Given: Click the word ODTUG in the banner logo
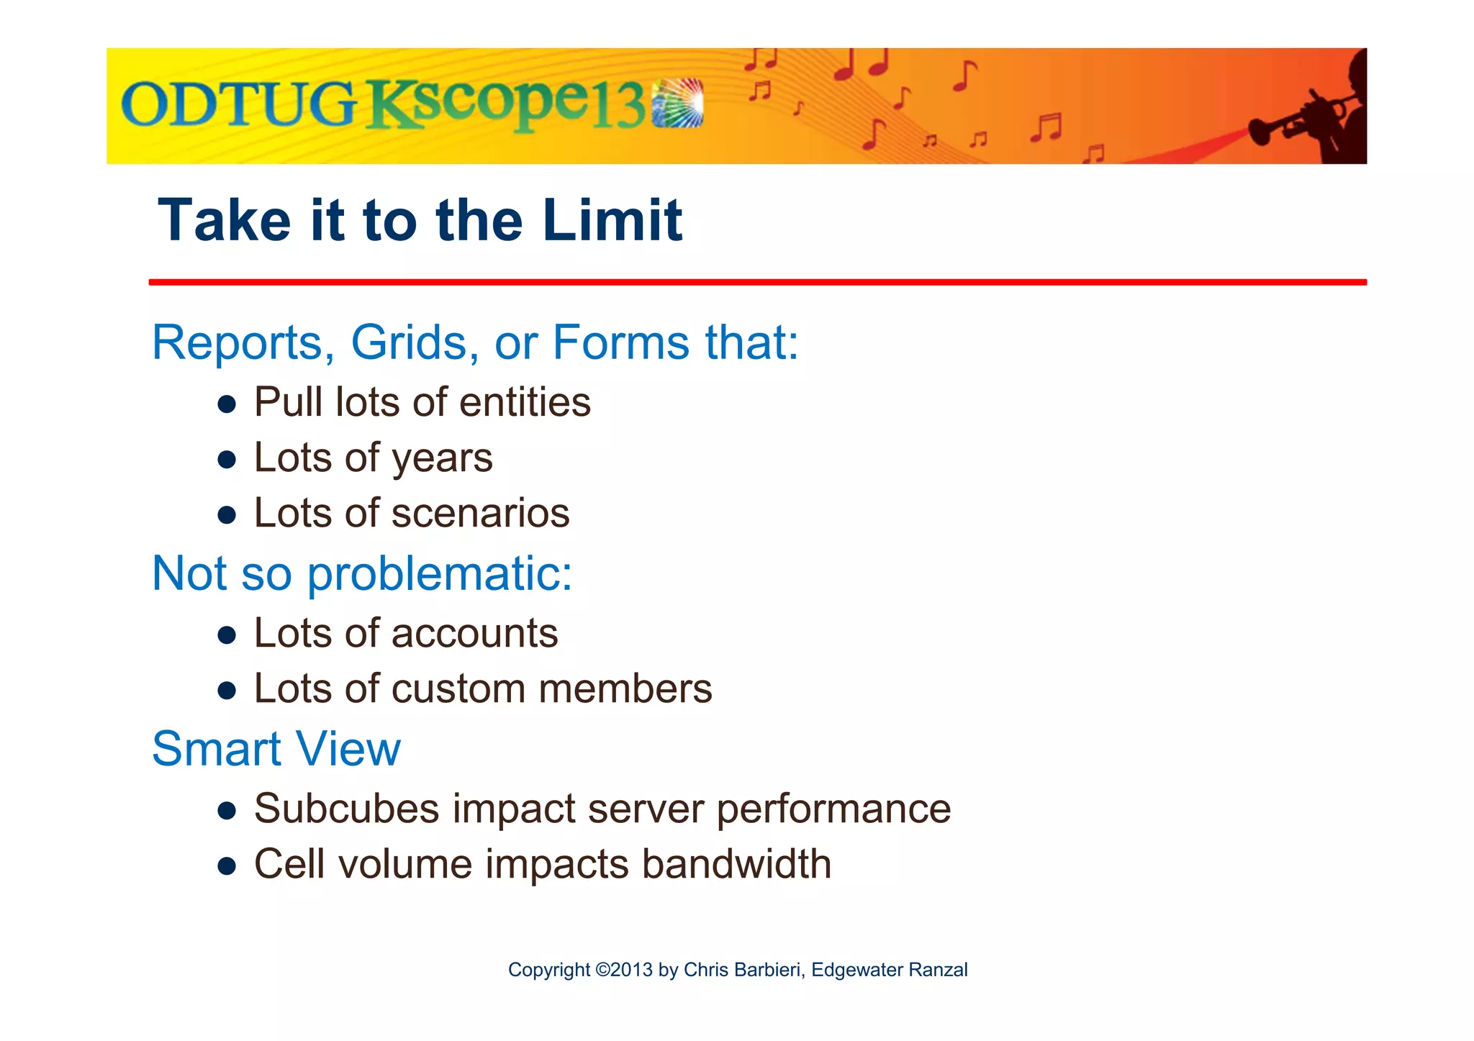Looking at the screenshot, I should point(238,105).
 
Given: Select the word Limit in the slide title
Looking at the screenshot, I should point(612,220).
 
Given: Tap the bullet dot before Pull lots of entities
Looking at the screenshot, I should point(227,404).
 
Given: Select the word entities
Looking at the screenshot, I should point(525,402).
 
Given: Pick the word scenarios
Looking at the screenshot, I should point(480,514).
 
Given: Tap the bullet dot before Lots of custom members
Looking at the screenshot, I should point(227,691).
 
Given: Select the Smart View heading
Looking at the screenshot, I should point(276,749).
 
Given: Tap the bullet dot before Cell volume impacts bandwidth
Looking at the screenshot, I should point(227,866).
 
